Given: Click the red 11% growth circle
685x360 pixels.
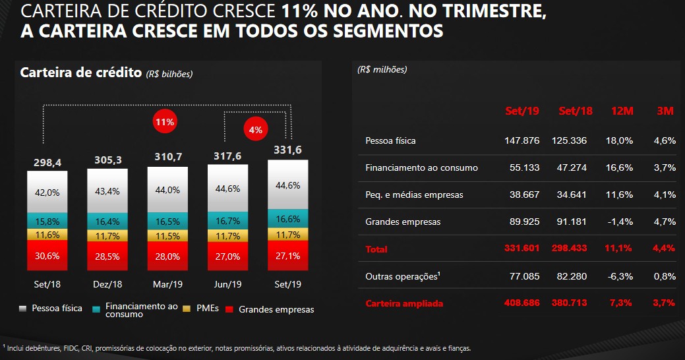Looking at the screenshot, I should [x=164, y=122].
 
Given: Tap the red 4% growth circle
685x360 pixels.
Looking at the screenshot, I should [x=255, y=130].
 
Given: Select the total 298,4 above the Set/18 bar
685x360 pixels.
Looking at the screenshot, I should [x=47, y=162].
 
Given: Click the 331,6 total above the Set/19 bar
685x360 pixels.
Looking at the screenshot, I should [x=287, y=150].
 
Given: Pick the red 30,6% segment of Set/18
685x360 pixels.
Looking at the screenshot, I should [x=47, y=256].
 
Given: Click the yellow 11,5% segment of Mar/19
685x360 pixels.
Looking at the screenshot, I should [x=167, y=235].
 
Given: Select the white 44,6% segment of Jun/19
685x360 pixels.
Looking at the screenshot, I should [x=227, y=188].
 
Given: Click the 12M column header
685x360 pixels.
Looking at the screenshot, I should [x=622, y=111].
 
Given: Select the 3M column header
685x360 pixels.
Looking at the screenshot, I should [x=665, y=111].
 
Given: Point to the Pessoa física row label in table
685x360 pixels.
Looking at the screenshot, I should [x=390, y=140].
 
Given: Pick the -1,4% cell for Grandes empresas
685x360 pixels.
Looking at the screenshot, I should [x=620, y=222].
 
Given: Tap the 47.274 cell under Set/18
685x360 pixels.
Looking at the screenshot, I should [x=572, y=167].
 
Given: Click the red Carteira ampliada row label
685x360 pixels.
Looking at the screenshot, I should [x=404, y=303].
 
